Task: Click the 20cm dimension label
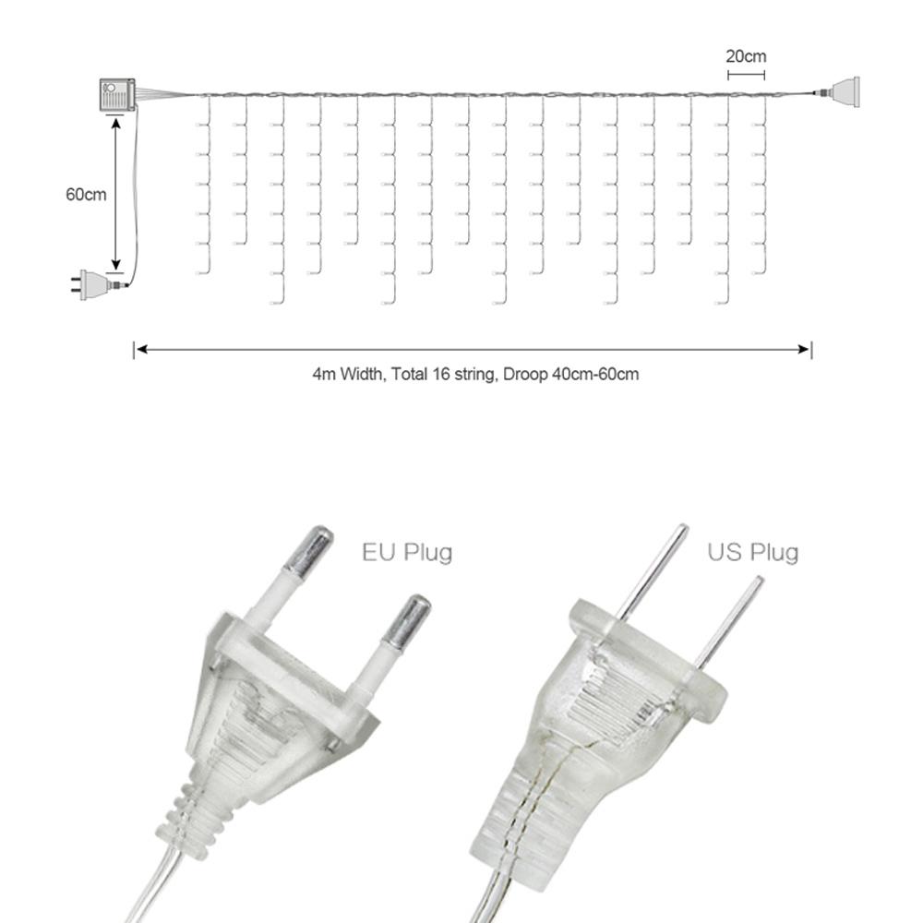[746, 56]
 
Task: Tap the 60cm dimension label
[86, 194]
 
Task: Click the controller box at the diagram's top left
[117, 93]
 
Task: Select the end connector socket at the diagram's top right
[845, 91]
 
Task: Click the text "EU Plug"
[407, 553]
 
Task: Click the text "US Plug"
[753, 553]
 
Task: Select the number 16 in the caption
[441, 374]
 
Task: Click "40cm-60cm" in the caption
[595, 374]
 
